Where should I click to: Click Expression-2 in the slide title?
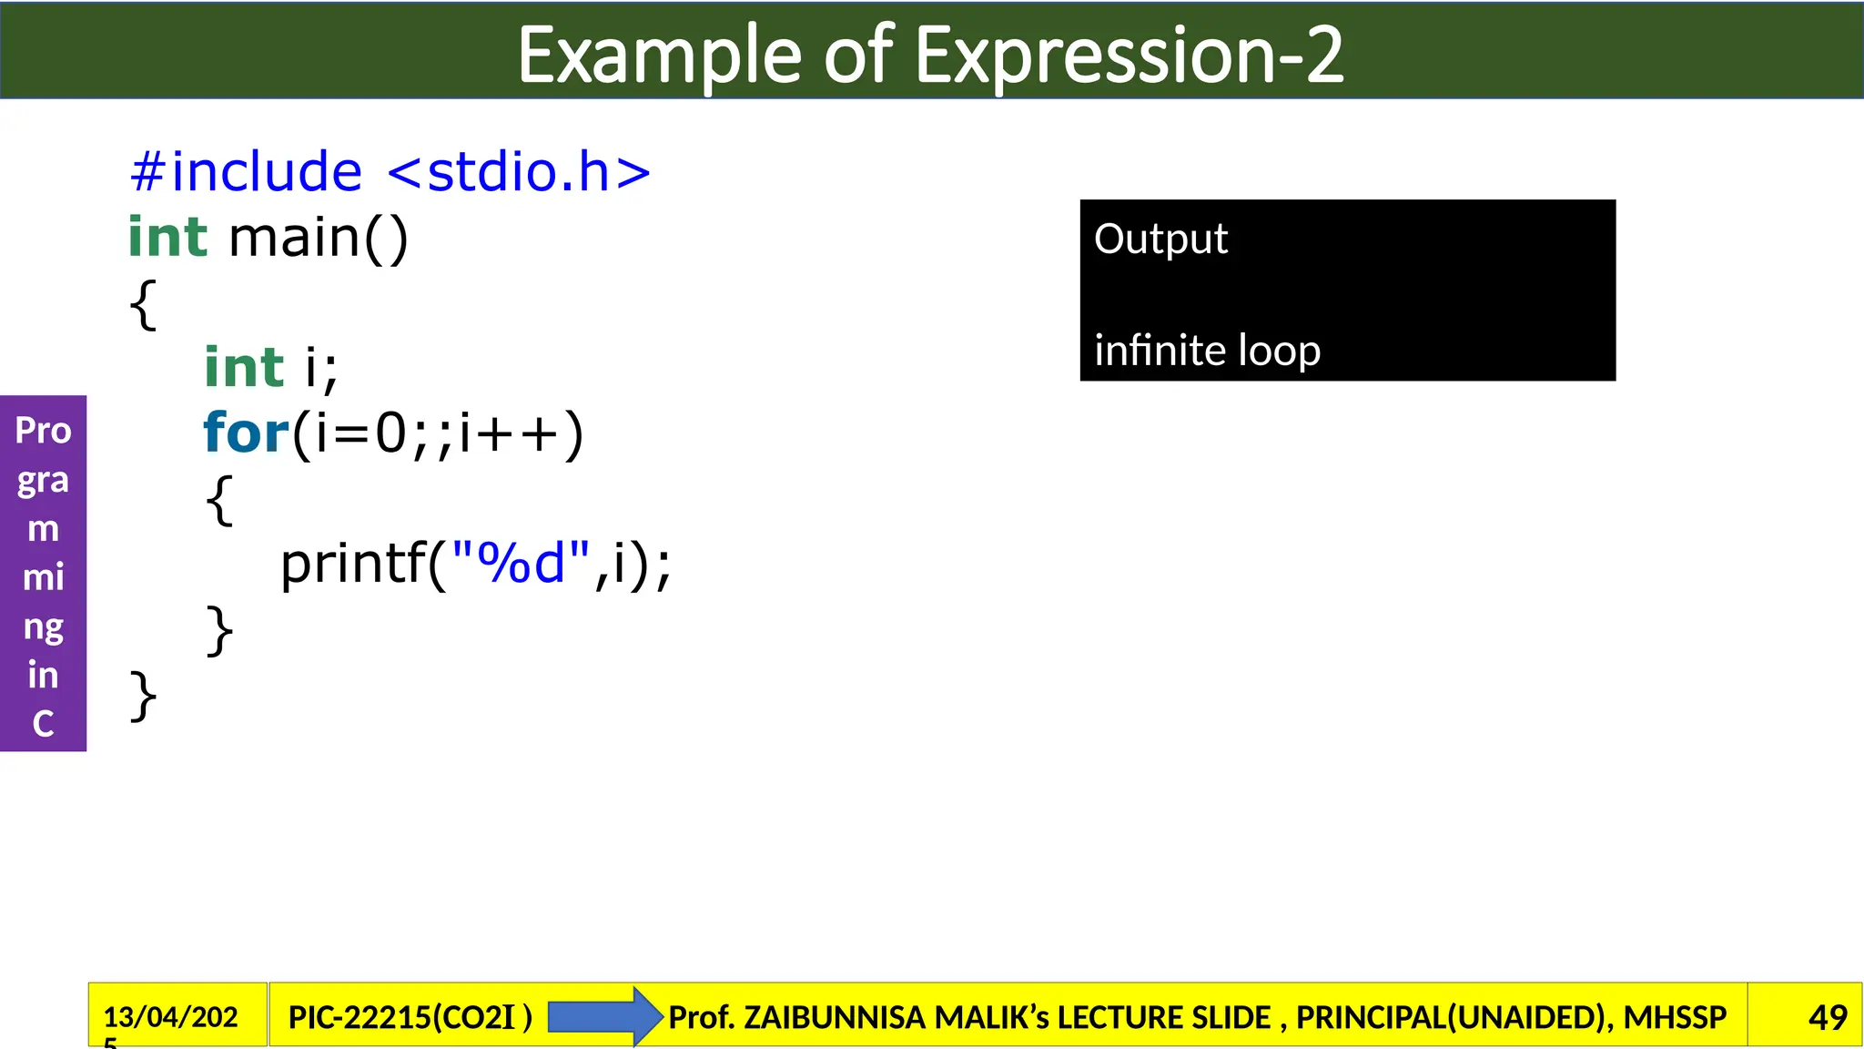(1129, 56)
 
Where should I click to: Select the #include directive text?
(246, 172)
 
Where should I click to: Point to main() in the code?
(319, 239)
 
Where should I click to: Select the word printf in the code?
(353, 564)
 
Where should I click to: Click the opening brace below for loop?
(219, 500)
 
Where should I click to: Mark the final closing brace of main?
(143, 697)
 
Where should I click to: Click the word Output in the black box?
(1160, 239)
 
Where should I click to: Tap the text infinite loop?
(1207, 351)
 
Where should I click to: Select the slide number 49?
(1828, 1017)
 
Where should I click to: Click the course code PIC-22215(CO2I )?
(410, 1017)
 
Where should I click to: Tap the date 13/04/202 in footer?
(170, 1016)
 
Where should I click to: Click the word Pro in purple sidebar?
(43, 431)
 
